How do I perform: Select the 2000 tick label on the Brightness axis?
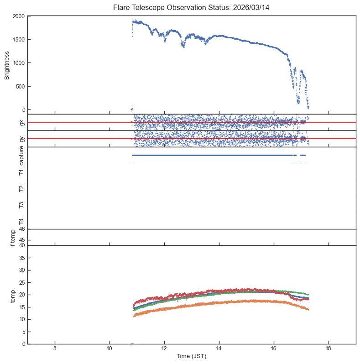click(19, 16)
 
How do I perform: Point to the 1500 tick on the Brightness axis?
click(19, 40)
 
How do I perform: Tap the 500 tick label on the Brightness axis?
click(20, 87)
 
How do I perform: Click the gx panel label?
click(21, 122)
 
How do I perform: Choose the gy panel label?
click(21, 139)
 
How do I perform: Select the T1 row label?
click(21, 172)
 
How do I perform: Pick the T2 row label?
click(21, 188)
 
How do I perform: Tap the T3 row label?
click(21, 205)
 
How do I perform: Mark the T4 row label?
click(21, 221)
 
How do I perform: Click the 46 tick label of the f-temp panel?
click(21, 229)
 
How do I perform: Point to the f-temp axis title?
click(13, 238)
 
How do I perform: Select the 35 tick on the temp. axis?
click(21, 258)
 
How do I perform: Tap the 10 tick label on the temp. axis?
click(21, 319)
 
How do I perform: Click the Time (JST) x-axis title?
click(192, 356)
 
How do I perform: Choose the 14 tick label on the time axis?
click(219, 349)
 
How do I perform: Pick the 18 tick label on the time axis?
click(329, 349)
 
